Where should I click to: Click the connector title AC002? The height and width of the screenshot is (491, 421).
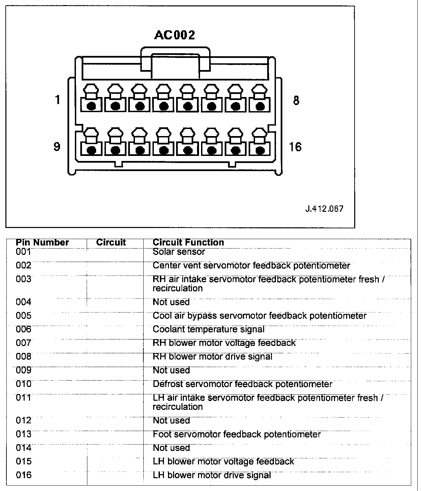click(x=174, y=35)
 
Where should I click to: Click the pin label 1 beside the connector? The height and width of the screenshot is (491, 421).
click(x=58, y=100)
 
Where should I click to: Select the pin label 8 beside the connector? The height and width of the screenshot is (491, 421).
click(x=296, y=100)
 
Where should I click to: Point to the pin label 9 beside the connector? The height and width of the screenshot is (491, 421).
click(x=57, y=147)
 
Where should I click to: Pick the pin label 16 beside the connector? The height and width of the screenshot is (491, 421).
click(x=295, y=147)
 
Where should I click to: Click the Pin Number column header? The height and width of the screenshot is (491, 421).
click(x=42, y=242)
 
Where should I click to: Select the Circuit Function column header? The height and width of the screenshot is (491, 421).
click(x=188, y=242)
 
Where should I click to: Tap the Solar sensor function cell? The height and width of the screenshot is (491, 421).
click(x=179, y=252)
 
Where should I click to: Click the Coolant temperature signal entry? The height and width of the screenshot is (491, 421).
click(x=208, y=329)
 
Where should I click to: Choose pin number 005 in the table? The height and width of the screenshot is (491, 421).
click(x=23, y=316)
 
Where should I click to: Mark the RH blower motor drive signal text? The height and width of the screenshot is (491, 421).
click(x=213, y=356)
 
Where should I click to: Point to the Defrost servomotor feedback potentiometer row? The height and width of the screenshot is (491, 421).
click(x=242, y=384)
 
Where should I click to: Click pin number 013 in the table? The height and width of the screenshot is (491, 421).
click(x=23, y=434)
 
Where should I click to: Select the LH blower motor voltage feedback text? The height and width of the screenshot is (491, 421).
click(x=223, y=461)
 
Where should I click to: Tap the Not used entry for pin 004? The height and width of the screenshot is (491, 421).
click(x=171, y=302)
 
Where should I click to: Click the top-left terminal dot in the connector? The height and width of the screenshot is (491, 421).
click(x=91, y=106)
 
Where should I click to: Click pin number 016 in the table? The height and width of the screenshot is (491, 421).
click(x=23, y=475)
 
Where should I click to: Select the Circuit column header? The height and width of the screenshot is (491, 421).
click(x=111, y=242)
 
